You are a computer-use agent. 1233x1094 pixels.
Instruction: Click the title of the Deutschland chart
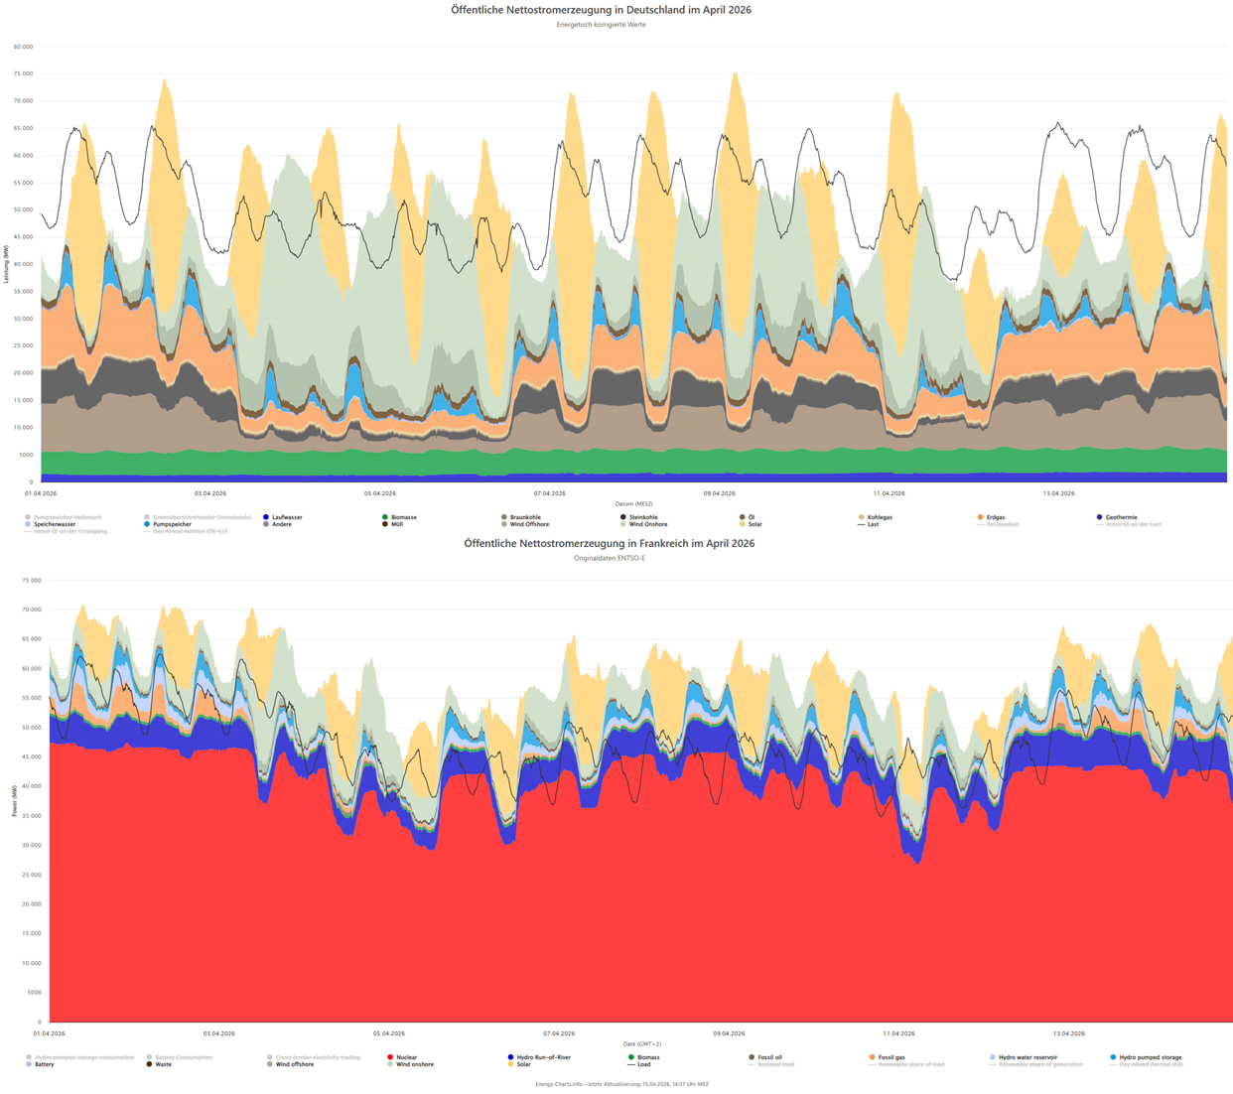point(601,10)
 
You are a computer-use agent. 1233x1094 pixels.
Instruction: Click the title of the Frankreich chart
point(609,543)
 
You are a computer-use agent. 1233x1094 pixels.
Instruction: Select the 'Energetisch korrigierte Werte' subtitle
point(601,25)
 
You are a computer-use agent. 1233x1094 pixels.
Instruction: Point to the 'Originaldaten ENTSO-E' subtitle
point(609,558)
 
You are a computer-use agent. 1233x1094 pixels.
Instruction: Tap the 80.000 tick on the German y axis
point(22,47)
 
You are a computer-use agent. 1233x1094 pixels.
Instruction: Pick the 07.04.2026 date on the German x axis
point(549,493)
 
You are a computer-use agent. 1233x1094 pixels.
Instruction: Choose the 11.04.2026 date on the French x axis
point(898,1033)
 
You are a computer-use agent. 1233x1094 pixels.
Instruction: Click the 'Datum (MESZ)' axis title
point(632,504)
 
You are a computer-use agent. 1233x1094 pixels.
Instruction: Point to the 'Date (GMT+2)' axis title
point(642,1044)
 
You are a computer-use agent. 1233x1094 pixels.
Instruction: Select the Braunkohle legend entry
point(525,517)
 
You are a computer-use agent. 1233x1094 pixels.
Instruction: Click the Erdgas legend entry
point(995,517)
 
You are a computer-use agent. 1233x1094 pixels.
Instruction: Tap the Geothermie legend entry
point(1121,517)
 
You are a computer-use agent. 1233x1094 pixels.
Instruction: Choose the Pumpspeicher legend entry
point(172,524)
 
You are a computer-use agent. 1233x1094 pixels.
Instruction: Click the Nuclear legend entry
point(406,1057)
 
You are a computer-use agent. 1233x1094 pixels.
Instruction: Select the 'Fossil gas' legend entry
point(890,1057)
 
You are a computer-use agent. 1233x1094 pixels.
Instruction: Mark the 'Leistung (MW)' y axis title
point(6,265)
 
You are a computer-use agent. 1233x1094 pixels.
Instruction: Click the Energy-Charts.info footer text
point(621,1084)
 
